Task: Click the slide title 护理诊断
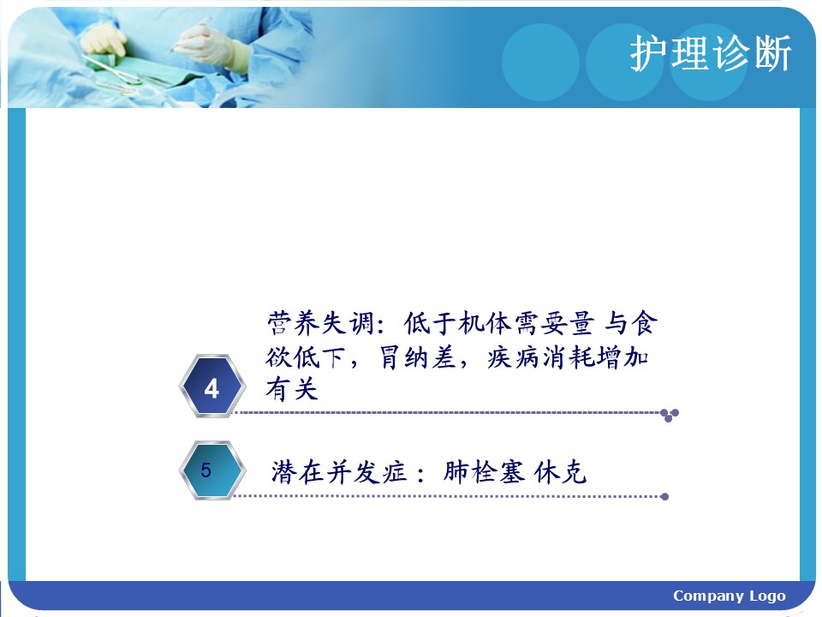711,53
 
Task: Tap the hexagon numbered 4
211,386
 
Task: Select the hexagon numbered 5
211,470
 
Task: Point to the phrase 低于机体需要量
499,323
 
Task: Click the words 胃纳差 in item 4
417,357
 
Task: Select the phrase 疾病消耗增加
568,357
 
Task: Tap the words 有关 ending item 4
292,389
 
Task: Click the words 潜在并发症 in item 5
339,471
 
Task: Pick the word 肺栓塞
484,471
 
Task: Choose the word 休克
560,471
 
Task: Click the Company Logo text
730,596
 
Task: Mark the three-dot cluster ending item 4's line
670,415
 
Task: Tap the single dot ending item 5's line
664,496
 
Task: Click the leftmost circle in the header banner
540,62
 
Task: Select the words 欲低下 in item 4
306,357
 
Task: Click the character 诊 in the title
731,53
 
